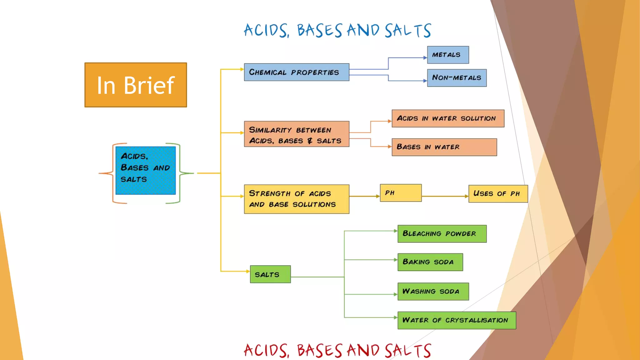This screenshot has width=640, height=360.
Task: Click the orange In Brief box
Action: pyautogui.click(x=136, y=85)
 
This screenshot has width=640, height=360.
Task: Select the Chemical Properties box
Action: pyautogui.click(x=297, y=72)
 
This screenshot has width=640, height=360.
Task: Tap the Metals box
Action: pyautogui.click(x=448, y=55)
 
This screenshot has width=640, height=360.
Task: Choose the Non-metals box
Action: pyautogui.click(x=457, y=78)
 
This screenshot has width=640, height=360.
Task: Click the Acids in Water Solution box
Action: pyautogui.click(x=448, y=118)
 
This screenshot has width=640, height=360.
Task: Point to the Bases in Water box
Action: pyautogui.click(x=444, y=147)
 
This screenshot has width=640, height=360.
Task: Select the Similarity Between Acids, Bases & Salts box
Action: pyautogui.click(x=297, y=134)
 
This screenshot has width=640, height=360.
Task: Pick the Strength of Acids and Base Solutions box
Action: pyautogui.click(x=297, y=199)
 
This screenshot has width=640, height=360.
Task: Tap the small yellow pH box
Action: pyautogui.click(x=401, y=193)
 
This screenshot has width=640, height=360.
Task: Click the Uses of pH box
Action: pyautogui.click(x=498, y=194)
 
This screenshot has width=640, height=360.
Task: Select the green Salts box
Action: pyautogui.click(x=270, y=274)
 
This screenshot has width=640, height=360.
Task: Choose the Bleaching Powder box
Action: pyautogui.click(x=442, y=234)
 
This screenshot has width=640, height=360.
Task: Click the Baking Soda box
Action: pyautogui.click(x=430, y=262)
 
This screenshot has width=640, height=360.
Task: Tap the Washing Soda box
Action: pyautogui.click(x=433, y=292)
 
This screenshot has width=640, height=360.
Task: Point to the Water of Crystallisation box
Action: pyautogui.click(x=457, y=320)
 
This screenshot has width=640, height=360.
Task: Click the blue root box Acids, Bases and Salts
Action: pyautogui.click(x=146, y=171)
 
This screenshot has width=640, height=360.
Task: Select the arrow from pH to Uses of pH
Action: pyautogui.click(x=445, y=196)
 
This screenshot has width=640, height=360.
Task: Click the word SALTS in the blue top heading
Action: pyautogui.click(x=407, y=31)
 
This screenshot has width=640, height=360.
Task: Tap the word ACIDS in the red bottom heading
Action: pyautogui.click(x=266, y=351)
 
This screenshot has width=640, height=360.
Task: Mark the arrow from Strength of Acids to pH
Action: pyautogui.click(x=364, y=196)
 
